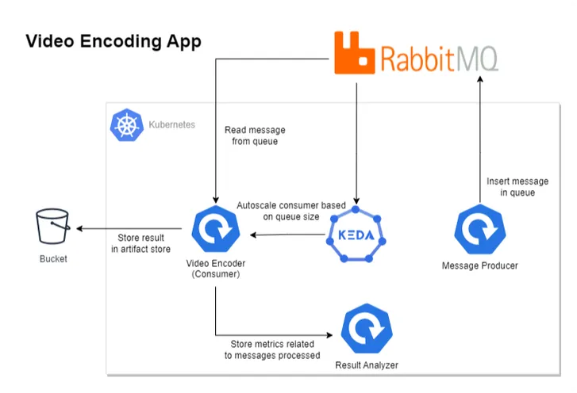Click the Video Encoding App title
coord(113,42)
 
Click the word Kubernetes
coord(171,125)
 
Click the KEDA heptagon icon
coord(356,235)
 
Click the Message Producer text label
coord(479,265)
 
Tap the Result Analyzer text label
coord(366,365)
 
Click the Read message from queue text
coord(255,135)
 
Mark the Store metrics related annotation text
coord(272,349)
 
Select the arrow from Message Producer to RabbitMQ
coord(479,143)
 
